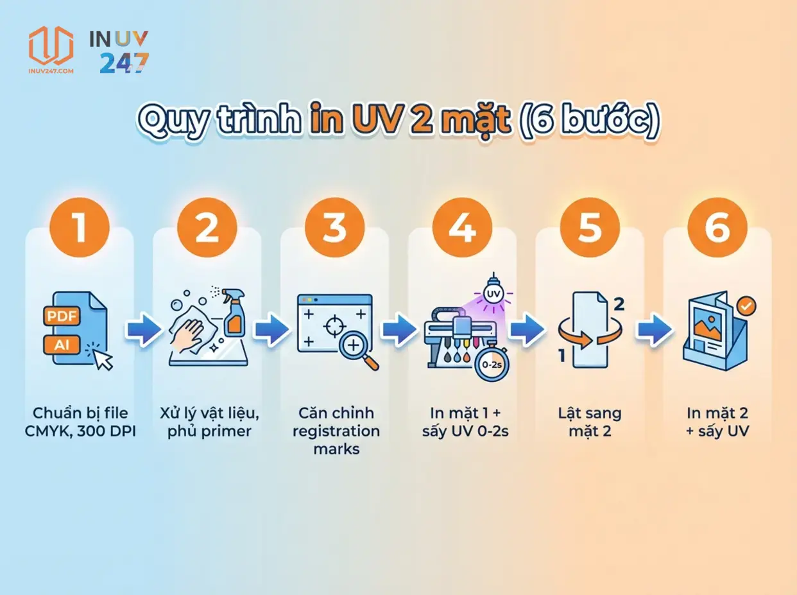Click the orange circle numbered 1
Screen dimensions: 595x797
coord(80,228)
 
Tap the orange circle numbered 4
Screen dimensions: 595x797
coord(462,228)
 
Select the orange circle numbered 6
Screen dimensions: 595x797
coord(717,228)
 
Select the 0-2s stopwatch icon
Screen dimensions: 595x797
coord(491,364)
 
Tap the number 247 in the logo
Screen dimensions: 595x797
coord(124,63)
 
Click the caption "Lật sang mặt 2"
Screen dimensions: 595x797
coord(590,422)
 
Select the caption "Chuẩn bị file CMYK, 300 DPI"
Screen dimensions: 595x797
coord(80,422)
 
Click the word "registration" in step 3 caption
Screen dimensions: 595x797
coord(336,431)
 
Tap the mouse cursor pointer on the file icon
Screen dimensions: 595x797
coord(103,360)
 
